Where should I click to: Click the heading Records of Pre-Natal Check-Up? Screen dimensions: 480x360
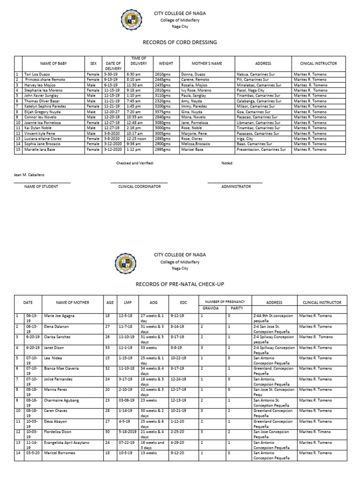(x=180, y=284)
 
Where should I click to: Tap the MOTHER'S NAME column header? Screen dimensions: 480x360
(x=207, y=63)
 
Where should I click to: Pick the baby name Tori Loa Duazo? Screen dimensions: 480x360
(x=38, y=74)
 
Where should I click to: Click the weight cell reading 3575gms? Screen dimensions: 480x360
(x=162, y=112)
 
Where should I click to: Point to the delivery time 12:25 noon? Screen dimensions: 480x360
(x=139, y=139)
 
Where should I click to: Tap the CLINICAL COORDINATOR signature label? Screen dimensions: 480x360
(x=139, y=187)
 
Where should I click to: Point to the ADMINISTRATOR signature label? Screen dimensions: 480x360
(x=236, y=187)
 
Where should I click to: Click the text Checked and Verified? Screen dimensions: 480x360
(x=135, y=163)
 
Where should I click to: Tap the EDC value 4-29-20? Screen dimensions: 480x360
(x=177, y=442)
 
